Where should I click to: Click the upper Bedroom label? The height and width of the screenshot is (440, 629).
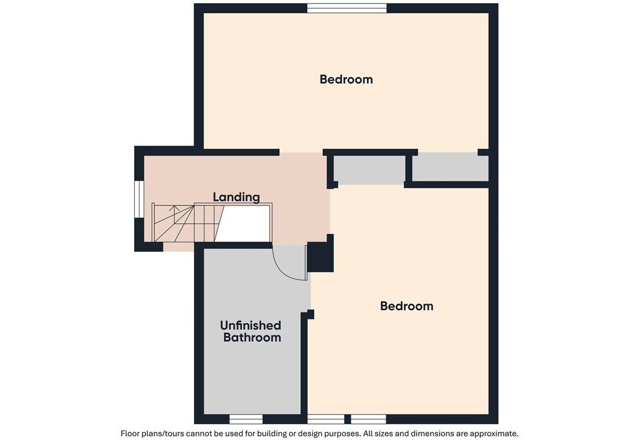pyautogui.click(x=346, y=80)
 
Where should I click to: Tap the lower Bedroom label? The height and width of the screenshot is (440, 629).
pyautogui.click(x=406, y=306)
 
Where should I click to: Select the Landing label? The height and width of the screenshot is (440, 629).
pyautogui.click(x=236, y=197)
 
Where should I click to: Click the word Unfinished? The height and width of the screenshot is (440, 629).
pyautogui.click(x=251, y=325)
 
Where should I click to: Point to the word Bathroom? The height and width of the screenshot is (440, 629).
pyautogui.click(x=252, y=337)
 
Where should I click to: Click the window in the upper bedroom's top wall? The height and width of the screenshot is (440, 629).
pyautogui.click(x=347, y=8)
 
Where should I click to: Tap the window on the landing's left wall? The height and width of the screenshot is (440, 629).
pyautogui.click(x=139, y=199)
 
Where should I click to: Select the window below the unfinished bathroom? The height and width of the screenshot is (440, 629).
pyautogui.click(x=246, y=419)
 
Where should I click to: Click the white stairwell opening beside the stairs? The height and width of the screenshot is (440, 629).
pyautogui.click(x=244, y=224)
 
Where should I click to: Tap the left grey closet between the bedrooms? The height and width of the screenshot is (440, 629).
pyautogui.click(x=370, y=170)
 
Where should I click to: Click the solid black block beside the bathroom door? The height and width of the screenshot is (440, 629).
pyautogui.click(x=320, y=257)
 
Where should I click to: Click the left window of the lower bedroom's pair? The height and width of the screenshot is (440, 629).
pyautogui.click(x=326, y=419)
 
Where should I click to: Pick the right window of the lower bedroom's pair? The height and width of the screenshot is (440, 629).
pyautogui.click(x=368, y=419)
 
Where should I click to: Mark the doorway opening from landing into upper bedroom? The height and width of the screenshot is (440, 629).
pyautogui.click(x=301, y=153)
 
